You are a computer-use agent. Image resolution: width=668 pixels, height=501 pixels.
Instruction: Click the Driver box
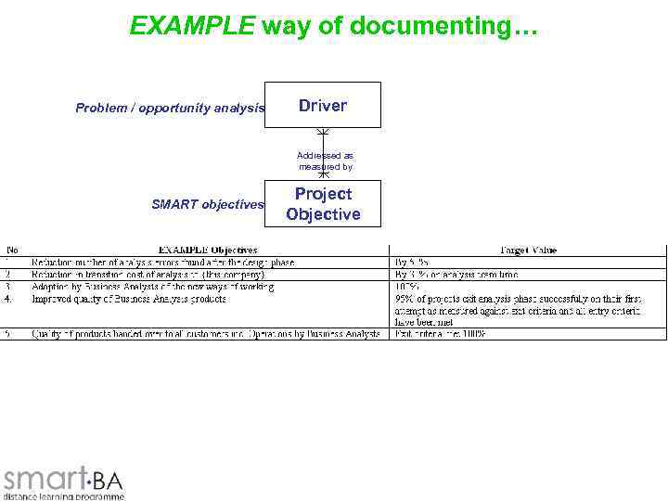[x=323, y=105]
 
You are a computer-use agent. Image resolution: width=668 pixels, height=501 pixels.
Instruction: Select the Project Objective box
[x=323, y=204]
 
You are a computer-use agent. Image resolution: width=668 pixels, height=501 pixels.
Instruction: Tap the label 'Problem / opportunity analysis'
[x=170, y=109]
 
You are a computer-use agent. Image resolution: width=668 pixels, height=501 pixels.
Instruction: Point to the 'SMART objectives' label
[x=208, y=204]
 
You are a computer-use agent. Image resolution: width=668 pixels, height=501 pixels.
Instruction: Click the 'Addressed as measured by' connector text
[x=325, y=161]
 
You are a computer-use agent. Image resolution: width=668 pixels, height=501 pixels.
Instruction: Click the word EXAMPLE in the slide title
[x=192, y=26]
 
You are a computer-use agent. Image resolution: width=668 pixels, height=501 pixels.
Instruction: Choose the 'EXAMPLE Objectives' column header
[x=209, y=250]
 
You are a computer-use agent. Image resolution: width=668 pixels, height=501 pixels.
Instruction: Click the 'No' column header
[x=13, y=250]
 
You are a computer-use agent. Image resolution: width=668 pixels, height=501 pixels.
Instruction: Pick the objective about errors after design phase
[x=163, y=263]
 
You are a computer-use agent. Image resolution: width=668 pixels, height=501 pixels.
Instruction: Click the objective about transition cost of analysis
[x=148, y=275]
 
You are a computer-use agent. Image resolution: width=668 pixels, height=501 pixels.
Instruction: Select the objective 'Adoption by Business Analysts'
[x=153, y=287]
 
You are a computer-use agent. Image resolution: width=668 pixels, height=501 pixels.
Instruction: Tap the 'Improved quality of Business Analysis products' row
[x=129, y=299]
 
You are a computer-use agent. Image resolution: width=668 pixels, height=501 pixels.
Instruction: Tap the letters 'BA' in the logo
[x=108, y=481]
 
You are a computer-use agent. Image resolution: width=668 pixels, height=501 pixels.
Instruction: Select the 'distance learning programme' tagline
[x=63, y=496]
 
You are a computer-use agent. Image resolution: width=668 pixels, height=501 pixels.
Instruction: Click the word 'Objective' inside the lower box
[x=323, y=214]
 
